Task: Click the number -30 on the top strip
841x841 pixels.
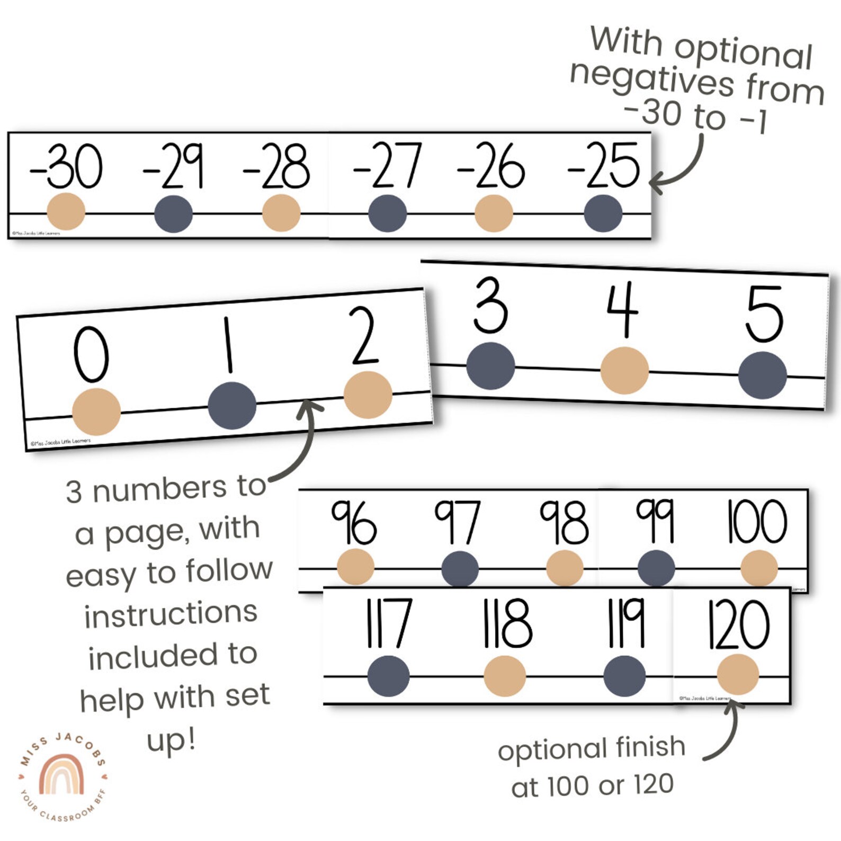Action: point(66,166)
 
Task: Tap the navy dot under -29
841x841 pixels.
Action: point(173,214)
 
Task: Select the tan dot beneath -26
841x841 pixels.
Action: point(494,213)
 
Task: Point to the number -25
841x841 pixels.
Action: point(604,166)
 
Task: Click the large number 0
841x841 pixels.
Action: point(91,354)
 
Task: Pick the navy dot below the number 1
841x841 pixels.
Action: point(232,405)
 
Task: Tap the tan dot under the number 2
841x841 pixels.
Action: point(368,395)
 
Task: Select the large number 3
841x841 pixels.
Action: point(490,306)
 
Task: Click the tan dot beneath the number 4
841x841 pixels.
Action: point(624,370)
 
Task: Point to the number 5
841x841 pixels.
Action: point(763,314)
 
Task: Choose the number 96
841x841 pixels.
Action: point(354,522)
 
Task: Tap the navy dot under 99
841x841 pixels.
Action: point(656,568)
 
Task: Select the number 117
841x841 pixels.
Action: point(388,623)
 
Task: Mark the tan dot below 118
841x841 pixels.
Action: point(504,676)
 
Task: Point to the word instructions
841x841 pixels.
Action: point(171,614)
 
